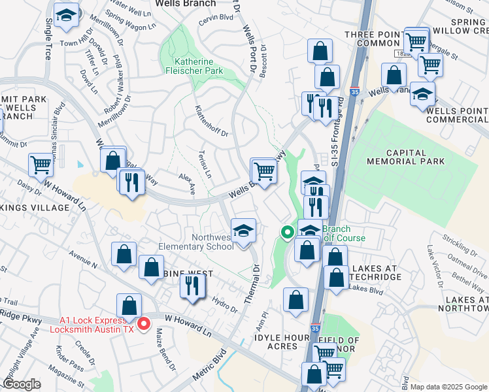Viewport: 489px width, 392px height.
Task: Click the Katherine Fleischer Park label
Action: click(x=198, y=66)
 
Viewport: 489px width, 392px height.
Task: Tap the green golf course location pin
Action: click(x=287, y=232)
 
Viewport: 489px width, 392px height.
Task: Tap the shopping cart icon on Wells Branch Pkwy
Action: click(x=263, y=171)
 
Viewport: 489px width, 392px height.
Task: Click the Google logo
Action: click(x=22, y=384)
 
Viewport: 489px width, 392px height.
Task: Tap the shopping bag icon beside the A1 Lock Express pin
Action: click(x=129, y=306)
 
